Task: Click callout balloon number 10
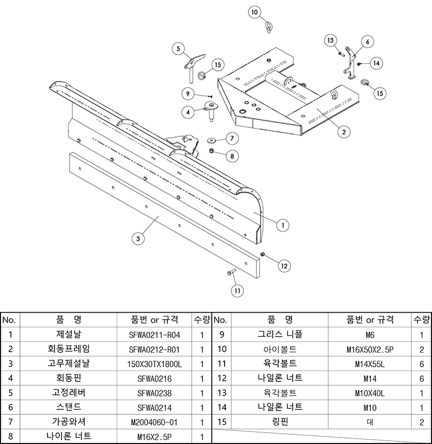tap(255, 12)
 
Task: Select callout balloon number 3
tap(139, 238)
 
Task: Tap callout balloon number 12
tap(284, 265)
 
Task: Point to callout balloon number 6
tap(367, 42)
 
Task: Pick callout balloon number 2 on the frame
tap(342, 130)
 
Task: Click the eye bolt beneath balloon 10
tap(267, 26)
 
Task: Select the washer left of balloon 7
tap(211, 140)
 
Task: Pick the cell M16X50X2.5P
tap(370, 349)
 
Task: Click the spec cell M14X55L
tap(370, 364)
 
